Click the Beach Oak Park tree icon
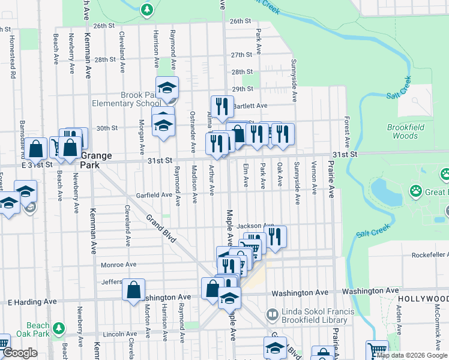click(58, 328)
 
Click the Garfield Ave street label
click(154, 195)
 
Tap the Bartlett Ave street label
click(249, 106)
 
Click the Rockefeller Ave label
click(430, 255)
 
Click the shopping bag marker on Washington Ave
click(133, 289)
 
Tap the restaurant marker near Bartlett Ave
click(222, 106)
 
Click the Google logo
click(20, 353)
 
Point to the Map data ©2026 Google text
click(412, 355)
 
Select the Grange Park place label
click(95, 161)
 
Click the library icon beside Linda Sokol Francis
click(272, 314)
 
